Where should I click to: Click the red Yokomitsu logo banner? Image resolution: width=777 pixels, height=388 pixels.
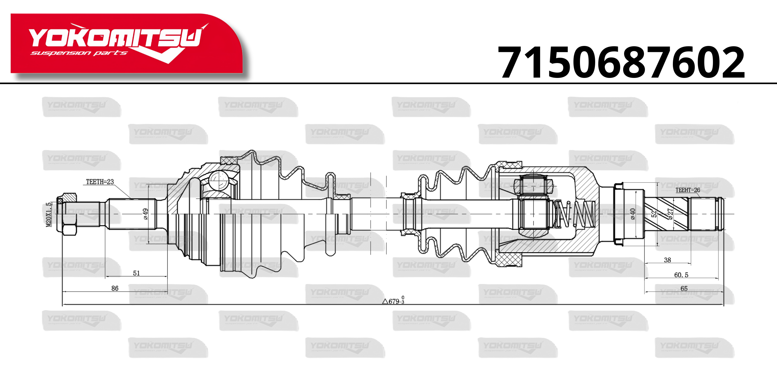tap(126, 43)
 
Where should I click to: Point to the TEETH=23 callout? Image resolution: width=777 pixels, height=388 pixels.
tap(100, 182)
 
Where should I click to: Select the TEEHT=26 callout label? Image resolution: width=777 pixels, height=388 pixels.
tap(688, 190)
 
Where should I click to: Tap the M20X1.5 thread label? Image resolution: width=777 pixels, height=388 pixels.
tap(49, 215)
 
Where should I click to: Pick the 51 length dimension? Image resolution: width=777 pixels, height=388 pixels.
tap(136, 273)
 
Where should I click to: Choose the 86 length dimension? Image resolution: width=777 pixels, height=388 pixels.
tap(115, 288)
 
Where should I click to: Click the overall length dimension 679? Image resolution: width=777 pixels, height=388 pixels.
tap(393, 300)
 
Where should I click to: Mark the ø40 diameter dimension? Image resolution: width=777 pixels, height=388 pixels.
tap(633, 214)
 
